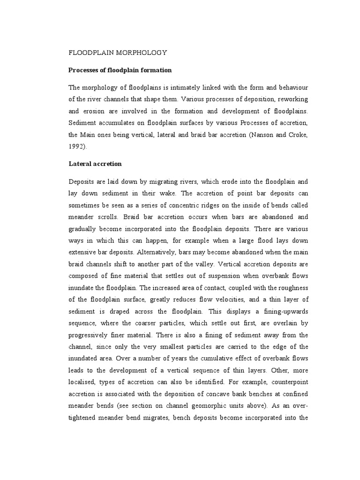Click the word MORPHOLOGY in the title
pos(140,52)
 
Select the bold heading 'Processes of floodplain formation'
pos(120,70)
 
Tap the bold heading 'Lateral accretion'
pos(95,164)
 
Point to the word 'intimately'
pos(179,88)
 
